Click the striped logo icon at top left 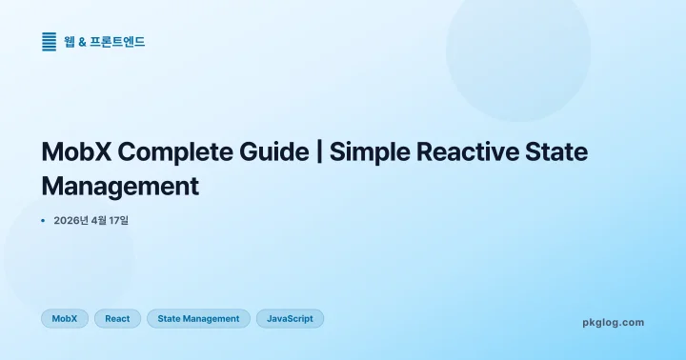click(50, 42)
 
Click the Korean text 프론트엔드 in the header click(118, 42)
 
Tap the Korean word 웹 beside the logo click(70, 42)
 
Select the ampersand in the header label click(83, 42)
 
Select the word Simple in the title click(371, 152)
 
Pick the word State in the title click(555, 152)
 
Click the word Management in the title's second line click(121, 185)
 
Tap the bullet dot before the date click(44, 221)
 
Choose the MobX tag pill click(65, 319)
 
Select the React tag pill click(117, 319)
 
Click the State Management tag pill click(198, 319)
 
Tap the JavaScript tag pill click(290, 319)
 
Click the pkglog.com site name click(613, 323)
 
